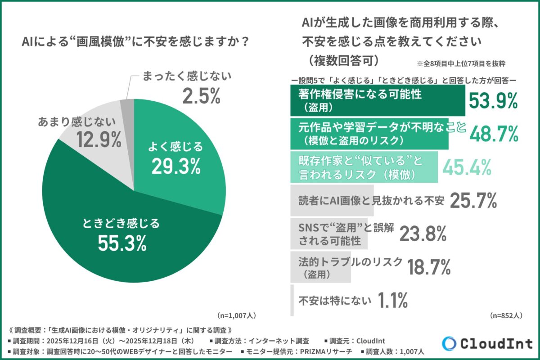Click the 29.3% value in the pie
point(176,166)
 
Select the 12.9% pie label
point(98,140)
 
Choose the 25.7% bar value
point(472,201)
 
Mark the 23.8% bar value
point(422,234)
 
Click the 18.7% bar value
point(429,267)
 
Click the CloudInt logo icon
point(450,343)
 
